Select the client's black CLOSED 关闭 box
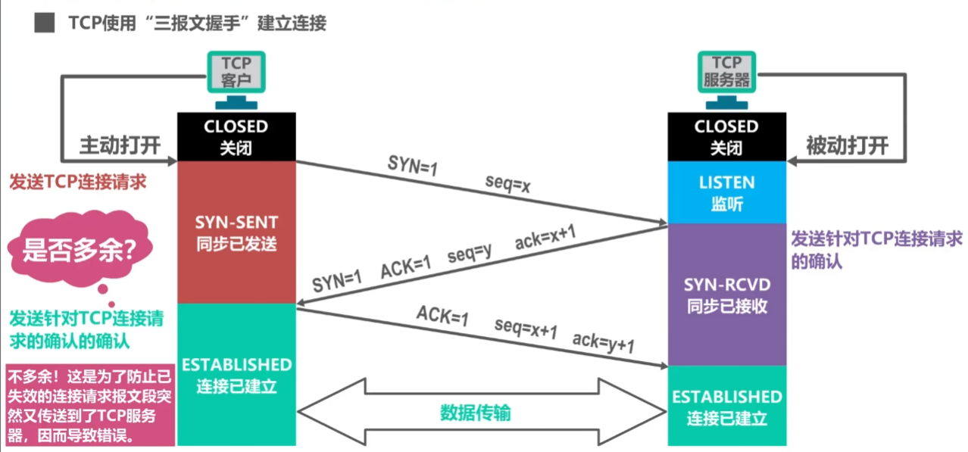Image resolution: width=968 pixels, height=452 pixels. tap(236, 136)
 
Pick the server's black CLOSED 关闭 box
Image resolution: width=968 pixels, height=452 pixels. tap(726, 136)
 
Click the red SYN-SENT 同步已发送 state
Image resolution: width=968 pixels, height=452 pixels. tap(236, 232)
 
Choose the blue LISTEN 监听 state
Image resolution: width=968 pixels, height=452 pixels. tap(726, 192)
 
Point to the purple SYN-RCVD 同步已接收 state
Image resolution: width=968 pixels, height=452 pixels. tap(726, 295)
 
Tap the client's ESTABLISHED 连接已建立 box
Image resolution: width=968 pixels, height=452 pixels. tap(236, 375)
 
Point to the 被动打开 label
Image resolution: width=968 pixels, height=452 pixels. tap(847, 145)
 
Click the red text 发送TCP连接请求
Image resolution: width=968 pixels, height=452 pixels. tap(77, 182)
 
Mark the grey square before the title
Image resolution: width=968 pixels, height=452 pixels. tap(44, 23)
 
